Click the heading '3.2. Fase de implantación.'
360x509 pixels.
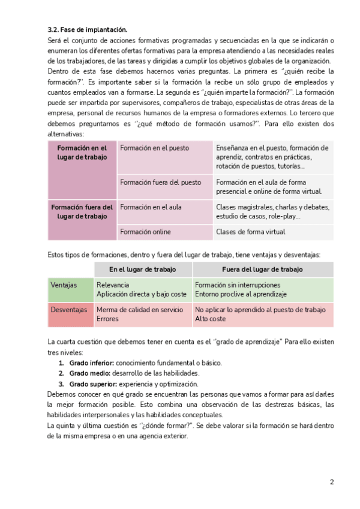88,29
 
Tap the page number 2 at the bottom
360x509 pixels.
331,481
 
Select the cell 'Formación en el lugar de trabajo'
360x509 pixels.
82,152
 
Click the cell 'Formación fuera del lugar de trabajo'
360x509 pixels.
82,211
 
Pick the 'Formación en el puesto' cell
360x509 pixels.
154,148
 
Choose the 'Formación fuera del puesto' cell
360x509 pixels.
161,182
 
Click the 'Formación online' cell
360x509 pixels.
145,232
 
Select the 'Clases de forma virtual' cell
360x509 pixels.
250,232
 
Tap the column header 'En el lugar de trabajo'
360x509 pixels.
143,270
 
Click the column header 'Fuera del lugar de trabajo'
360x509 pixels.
263,270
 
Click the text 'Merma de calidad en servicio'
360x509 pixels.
140,310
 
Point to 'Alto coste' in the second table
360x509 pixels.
210,319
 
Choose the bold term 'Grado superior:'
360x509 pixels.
92,384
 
